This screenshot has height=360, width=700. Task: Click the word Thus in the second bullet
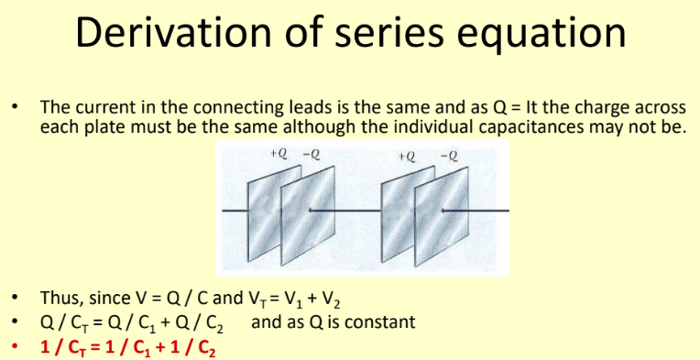pos(59,299)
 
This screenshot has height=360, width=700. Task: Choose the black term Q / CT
pos(70,322)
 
